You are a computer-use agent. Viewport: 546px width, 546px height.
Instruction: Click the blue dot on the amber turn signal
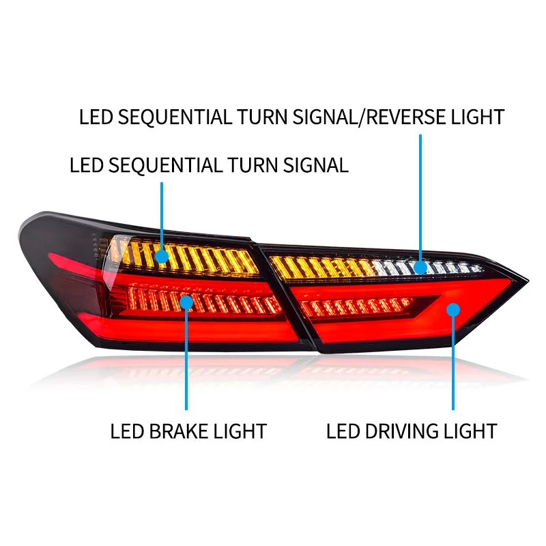click(162, 257)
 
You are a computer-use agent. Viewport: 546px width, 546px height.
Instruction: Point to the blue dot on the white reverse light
click(420, 266)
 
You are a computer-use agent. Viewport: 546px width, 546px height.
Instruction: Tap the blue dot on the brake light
click(186, 301)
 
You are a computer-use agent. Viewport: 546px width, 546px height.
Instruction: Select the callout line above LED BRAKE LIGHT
click(186, 362)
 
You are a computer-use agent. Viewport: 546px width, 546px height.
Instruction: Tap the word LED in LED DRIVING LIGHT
click(341, 431)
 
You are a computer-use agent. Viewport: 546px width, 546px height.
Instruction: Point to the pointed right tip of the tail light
click(526, 281)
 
